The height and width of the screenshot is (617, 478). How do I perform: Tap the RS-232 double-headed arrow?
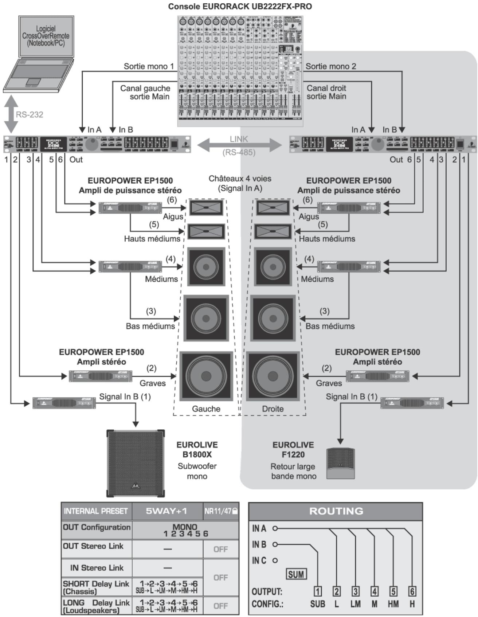coord(11,114)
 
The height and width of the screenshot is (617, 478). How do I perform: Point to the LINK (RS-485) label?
coord(239,145)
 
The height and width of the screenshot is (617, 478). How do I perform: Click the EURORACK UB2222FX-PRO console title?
coord(240,6)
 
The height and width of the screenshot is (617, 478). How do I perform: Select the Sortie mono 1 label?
coord(149,66)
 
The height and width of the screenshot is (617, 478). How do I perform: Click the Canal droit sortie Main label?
coord(326,92)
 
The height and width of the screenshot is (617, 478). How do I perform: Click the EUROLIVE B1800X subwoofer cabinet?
coord(136,463)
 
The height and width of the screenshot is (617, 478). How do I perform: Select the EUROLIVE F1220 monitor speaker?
coord(340,463)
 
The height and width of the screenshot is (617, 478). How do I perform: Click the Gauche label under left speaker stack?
coord(206,409)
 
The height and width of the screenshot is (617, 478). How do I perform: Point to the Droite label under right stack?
coord(273,409)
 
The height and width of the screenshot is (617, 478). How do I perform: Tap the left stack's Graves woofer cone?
coord(206,376)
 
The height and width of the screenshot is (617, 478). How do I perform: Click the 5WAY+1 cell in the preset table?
coord(167,511)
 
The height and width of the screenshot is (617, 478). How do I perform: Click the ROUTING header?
coord(336,511)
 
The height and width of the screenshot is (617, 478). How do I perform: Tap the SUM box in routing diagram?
coord(296,575)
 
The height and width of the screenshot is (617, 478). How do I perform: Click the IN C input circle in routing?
coord(275,561)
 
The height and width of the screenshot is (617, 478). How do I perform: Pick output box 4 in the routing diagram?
coord(374,591)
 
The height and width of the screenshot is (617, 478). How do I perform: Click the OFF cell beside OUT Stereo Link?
coord(221,549)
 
